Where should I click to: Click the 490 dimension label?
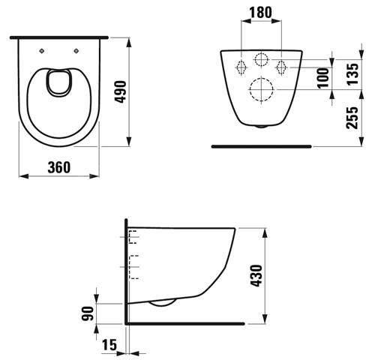(121, 91)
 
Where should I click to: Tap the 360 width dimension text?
(59, 167)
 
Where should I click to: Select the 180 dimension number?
(260, 13)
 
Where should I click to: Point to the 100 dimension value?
(323, 78)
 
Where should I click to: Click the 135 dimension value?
(353, 74)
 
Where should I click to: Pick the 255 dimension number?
(352, 118)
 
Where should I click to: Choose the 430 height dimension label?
(256, 275)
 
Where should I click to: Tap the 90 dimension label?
(88, 313)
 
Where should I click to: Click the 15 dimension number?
(109, 345)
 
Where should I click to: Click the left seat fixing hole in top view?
(42, 51)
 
